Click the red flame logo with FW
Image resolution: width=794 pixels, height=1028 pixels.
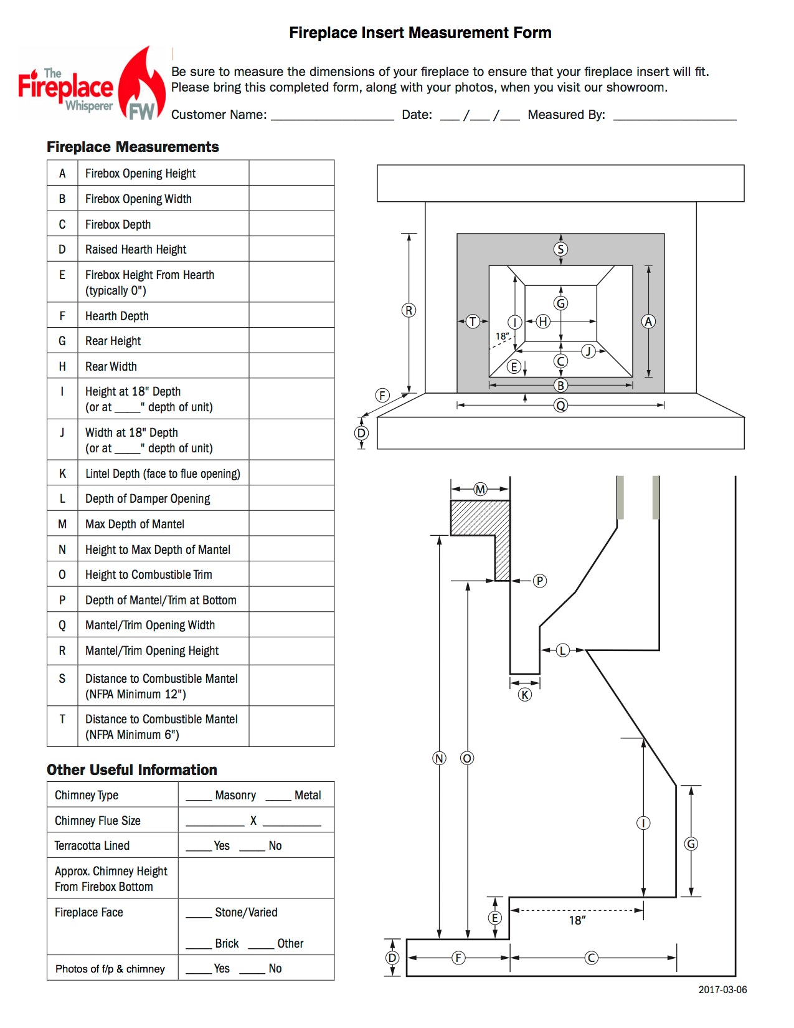[x=141, y=83]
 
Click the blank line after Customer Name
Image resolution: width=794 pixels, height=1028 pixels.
[x=332, y=120]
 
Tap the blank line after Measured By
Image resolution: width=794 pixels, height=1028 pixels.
[x=674, y=120]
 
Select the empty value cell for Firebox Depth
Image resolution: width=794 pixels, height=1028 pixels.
[x=291, y=223]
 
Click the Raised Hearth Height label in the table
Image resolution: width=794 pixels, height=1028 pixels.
[x=136, y=249]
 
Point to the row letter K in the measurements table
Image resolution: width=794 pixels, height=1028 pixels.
[x=62, y=474]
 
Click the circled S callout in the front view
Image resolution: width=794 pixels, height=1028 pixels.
[x=560, y=249]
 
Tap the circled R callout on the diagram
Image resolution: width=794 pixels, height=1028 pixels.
[x=409, y=310]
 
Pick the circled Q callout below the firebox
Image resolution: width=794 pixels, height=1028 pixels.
[x=560, y=406]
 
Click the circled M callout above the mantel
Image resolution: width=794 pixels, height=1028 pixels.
[x=480, y=489]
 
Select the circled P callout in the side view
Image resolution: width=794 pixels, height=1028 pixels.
[x=539, y=581]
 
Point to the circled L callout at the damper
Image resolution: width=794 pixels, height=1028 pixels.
[x=562, y=650]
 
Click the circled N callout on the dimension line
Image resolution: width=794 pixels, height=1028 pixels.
[x=439, y=758]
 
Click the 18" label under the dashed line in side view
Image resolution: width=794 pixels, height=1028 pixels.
[x=577, y=920]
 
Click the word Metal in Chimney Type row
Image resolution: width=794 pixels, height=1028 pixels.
[x=308, y=795]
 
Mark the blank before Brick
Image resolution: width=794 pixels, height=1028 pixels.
[x=199, y=948]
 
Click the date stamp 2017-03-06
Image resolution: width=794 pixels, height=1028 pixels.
[x=722, y=989]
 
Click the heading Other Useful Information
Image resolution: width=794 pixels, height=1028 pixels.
[x=132, y=769]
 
